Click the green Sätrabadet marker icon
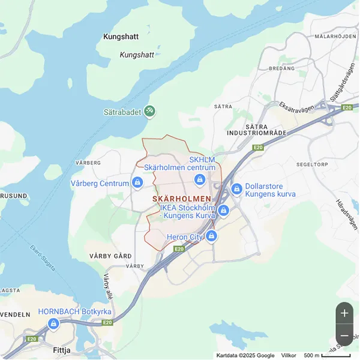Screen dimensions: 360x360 [x=150, y=111]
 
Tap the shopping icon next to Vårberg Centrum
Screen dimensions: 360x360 [x=138, y=182]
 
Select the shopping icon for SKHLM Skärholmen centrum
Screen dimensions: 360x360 [x=201, y=180]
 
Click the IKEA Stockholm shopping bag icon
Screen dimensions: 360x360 [x=223, y=211]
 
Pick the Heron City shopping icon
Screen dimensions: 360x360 [x=211, y=236]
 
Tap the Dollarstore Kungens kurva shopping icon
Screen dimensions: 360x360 [x=236, y=190]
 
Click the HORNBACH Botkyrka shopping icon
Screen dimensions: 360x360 [x=53, y=324]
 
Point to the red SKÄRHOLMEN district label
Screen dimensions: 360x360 [x=182, y=199]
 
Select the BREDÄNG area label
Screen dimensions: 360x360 [x=282, y=69]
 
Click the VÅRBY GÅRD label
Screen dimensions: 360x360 [x=110, y=256]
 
